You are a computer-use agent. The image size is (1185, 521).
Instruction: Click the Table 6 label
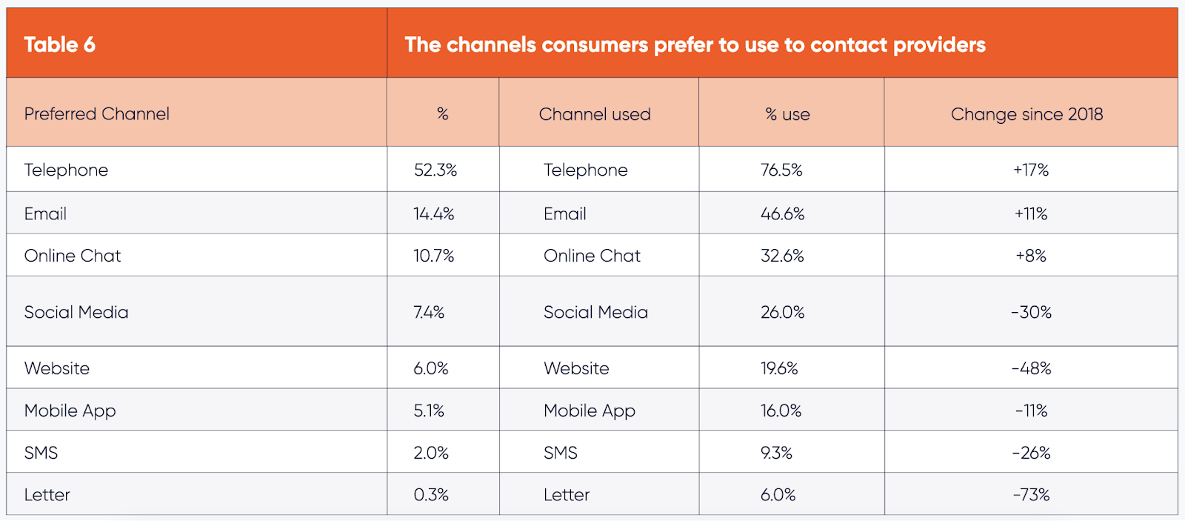(x=59, y=44)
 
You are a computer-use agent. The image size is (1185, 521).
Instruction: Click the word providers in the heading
(x=939, y=45)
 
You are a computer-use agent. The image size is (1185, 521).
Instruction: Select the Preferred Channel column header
(x=96, y=114)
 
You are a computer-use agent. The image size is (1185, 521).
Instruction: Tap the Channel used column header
(x=595, y=114)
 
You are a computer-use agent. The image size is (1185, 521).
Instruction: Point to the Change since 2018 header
(x=1027, y=114)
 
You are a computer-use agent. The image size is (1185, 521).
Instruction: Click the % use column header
(x=787, y=114)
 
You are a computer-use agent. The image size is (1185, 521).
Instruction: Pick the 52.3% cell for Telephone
(x=435, y=170)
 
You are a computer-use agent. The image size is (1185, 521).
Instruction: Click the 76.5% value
(x=781, y=170)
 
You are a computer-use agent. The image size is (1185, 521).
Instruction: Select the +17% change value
(x=1031, y=170)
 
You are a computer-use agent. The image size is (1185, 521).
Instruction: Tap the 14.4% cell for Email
(x=434, y=213)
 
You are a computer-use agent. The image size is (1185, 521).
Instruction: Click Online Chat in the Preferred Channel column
(x=73, y=256)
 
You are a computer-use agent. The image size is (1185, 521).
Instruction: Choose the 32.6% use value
(x=782, y=256)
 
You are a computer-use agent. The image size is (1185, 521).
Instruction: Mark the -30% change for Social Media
(x=1031, y=312)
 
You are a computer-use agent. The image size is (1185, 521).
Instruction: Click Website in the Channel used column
(x=576, y=368)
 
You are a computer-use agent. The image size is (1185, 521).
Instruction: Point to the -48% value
(x=1031, y=368)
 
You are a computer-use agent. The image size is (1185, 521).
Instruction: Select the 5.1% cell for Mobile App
(x=429, y=411)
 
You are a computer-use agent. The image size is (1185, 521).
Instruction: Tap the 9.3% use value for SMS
(x=776, y=453)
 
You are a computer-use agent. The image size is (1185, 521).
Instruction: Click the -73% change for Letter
(x=1031, y=494)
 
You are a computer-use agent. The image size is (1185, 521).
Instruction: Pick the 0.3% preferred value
(x=431, y=494)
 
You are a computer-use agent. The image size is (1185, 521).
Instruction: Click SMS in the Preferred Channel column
(x=41, y=453)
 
